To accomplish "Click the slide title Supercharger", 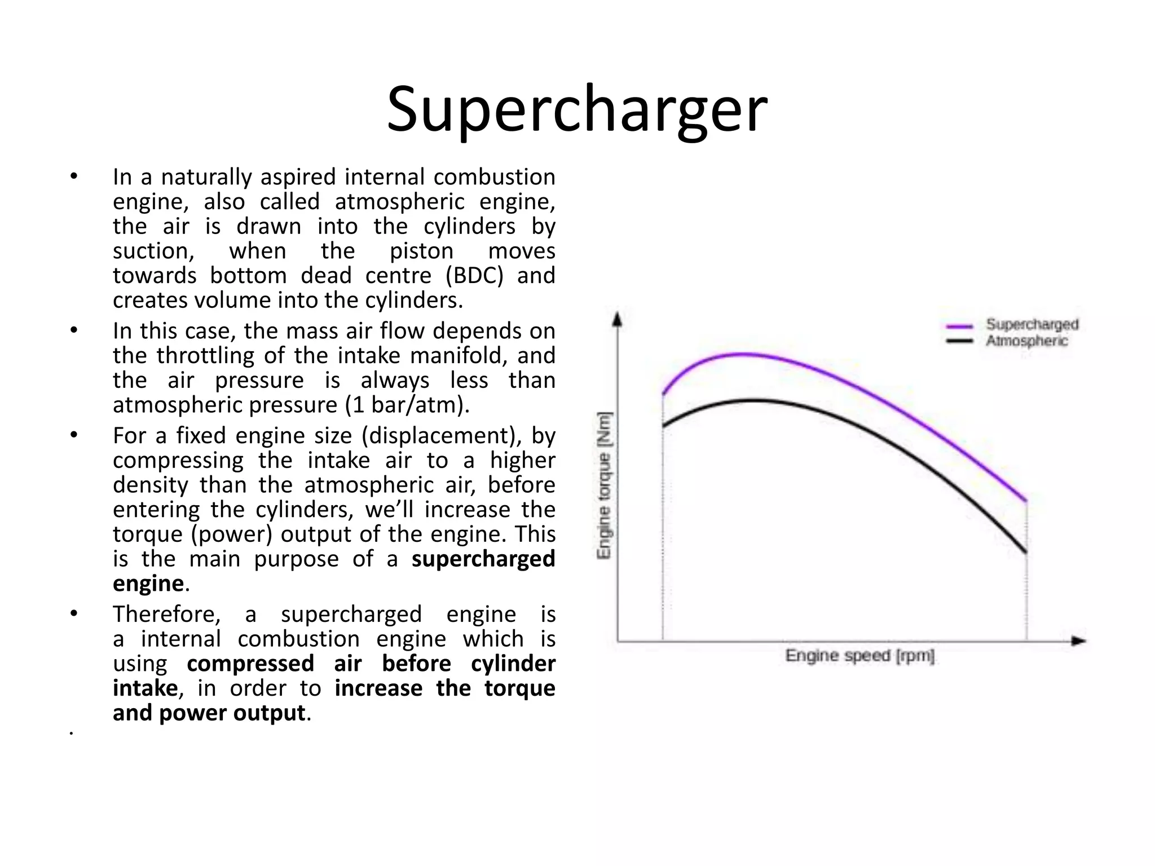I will pos(576,109).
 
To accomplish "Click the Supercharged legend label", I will pos(1031,324).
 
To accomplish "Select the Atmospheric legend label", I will pos(1026,341).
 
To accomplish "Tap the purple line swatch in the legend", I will pos(959,326).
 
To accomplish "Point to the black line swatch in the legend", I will pos(959,341).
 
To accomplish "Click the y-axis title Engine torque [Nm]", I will pos(604,485).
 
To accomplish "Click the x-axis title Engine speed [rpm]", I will pos(859,655).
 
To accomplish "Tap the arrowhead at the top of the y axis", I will pos(618,319).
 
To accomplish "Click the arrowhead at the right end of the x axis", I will pos(1078,641).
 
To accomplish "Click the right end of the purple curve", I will pos(1025,500).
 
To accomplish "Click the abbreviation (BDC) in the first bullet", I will pos(474,276).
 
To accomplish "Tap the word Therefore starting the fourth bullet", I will pos(166,614).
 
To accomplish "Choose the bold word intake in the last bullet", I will pos(146,688).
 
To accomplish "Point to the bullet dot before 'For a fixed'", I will pos(73,435).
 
